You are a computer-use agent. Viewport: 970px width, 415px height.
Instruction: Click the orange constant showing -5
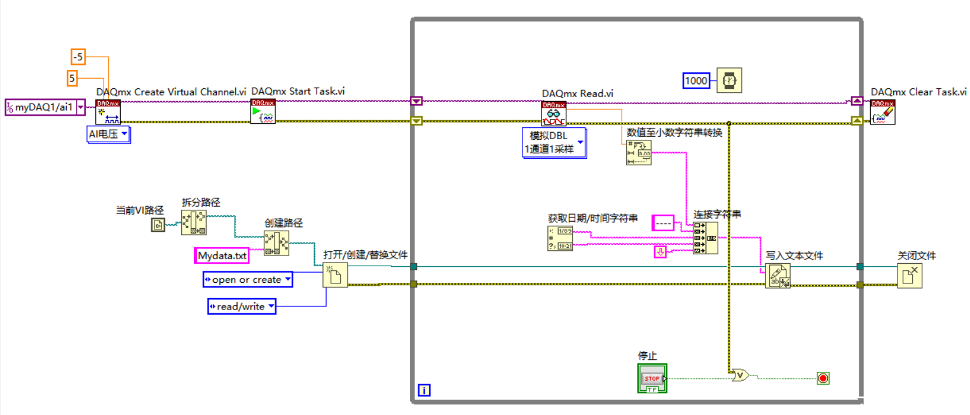(78, 57)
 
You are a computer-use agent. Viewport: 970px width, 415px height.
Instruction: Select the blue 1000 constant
(696, 81)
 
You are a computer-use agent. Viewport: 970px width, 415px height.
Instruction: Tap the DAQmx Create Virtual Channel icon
(107, 112)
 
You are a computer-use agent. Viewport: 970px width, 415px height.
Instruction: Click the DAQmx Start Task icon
(263, 111)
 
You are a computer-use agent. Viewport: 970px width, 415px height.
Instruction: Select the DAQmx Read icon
(554, 113)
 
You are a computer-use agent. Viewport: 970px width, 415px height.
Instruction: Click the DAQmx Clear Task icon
(882, 112)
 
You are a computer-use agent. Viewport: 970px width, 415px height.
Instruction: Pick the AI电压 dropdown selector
(108, 134)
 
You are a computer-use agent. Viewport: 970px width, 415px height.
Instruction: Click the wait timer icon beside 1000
(729, 81)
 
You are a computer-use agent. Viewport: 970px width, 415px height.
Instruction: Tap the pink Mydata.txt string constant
(221, 255)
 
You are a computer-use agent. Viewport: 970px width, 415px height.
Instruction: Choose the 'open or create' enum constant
(247, 280)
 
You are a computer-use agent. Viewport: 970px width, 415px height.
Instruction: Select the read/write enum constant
(242, 306)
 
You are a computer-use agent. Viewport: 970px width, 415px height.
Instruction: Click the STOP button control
(652, 379)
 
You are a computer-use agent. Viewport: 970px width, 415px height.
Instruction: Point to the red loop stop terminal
(823, 379)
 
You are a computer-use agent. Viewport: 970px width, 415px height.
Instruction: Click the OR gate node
(740, 376)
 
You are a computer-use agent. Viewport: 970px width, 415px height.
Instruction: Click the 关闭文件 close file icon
(910, 276)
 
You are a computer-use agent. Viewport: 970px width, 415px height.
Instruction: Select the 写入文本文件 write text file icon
(777, 276)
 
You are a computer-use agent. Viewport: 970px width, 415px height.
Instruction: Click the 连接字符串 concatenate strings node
(705, 238)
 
